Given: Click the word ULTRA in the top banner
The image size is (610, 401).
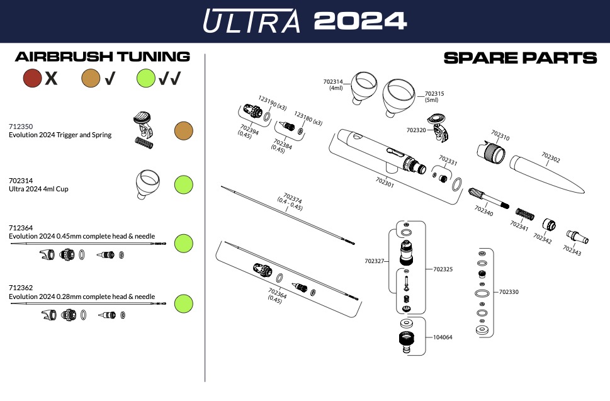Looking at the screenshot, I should click(x=251, y=21).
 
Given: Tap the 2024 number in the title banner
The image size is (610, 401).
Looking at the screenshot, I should click(x=359, y=21).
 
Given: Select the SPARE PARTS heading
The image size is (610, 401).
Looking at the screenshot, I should click(x=520, y=58).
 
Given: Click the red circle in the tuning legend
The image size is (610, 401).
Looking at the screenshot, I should click(x=32, y=78).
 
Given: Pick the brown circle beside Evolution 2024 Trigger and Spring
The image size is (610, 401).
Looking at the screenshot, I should click(x=183, y=130).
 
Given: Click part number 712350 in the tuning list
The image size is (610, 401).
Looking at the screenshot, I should click(x=21, y=127).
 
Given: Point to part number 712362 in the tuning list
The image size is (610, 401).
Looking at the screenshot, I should click(x=21, y=288).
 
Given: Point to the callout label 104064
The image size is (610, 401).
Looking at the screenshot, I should click(x=443, y=337).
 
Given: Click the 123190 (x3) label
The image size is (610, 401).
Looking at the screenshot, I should click(x=273, y=102).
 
